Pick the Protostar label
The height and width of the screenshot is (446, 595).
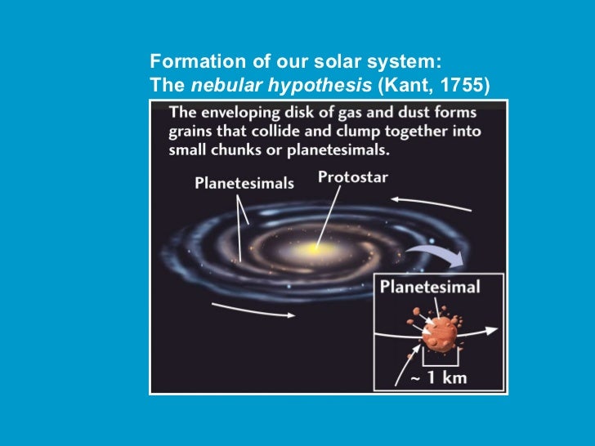coord(353,177)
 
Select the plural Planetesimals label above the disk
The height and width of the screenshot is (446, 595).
coord(244,183)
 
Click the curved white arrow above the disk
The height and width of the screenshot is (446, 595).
coord(429,204)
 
